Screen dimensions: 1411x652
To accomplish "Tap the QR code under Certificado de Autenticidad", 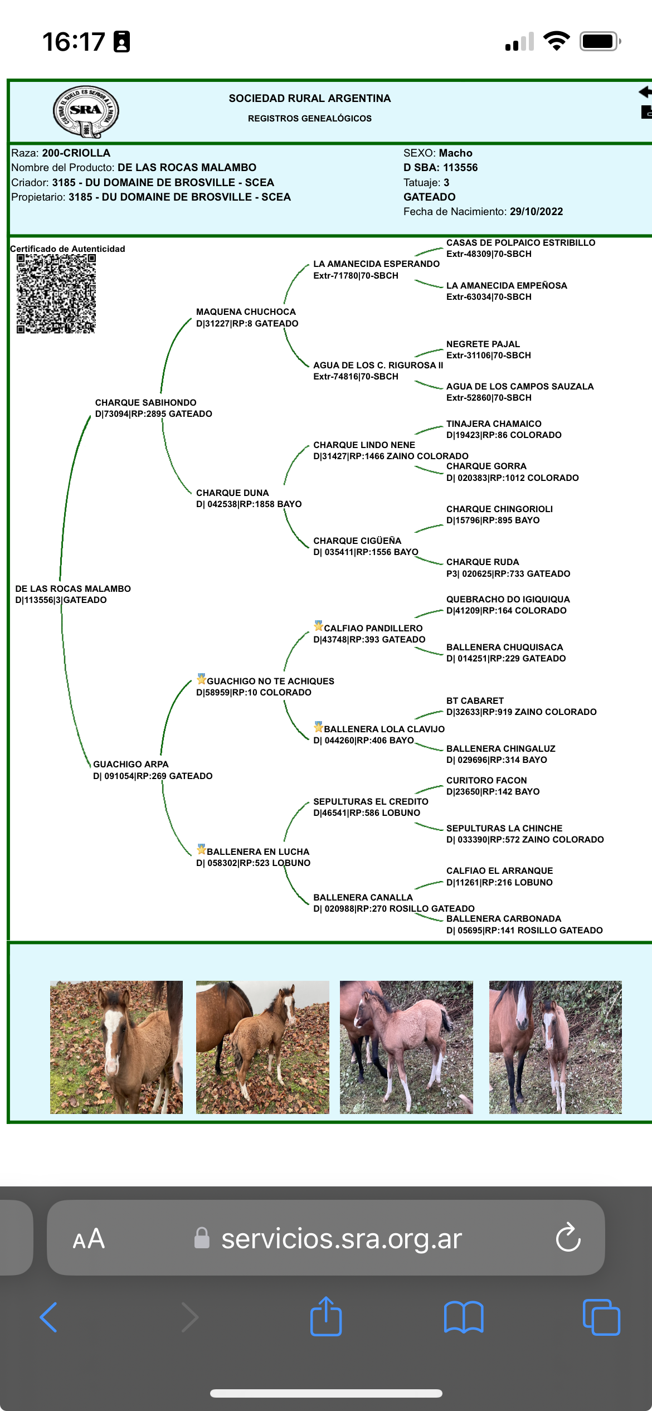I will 56,294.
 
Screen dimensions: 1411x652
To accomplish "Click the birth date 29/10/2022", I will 536,212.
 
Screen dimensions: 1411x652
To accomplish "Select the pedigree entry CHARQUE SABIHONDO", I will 145,402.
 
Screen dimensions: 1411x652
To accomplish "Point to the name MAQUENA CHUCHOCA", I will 246,312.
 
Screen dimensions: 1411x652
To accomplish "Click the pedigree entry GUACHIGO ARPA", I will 131,765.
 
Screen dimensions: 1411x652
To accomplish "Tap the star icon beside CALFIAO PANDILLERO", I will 318,626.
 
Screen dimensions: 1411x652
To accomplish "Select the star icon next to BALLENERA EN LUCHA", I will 201,849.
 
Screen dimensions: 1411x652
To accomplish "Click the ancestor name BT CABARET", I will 475,700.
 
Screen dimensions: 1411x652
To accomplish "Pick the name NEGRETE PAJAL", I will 483,344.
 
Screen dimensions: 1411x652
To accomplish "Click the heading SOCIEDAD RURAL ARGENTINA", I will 309,99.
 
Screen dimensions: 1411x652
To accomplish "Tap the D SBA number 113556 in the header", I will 460,168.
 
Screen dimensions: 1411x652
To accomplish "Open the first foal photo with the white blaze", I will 116,1047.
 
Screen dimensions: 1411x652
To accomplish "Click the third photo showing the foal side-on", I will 406,1047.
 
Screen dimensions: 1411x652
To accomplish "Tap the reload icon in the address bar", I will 568,1238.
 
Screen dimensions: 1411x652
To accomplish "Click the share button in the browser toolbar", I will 326,1317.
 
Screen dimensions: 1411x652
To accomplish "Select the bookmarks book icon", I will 464,1317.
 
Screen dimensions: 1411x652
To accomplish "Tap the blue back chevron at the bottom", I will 49,1317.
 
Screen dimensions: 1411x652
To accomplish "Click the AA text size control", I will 89,1239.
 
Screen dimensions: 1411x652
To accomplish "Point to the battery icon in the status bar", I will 600,42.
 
